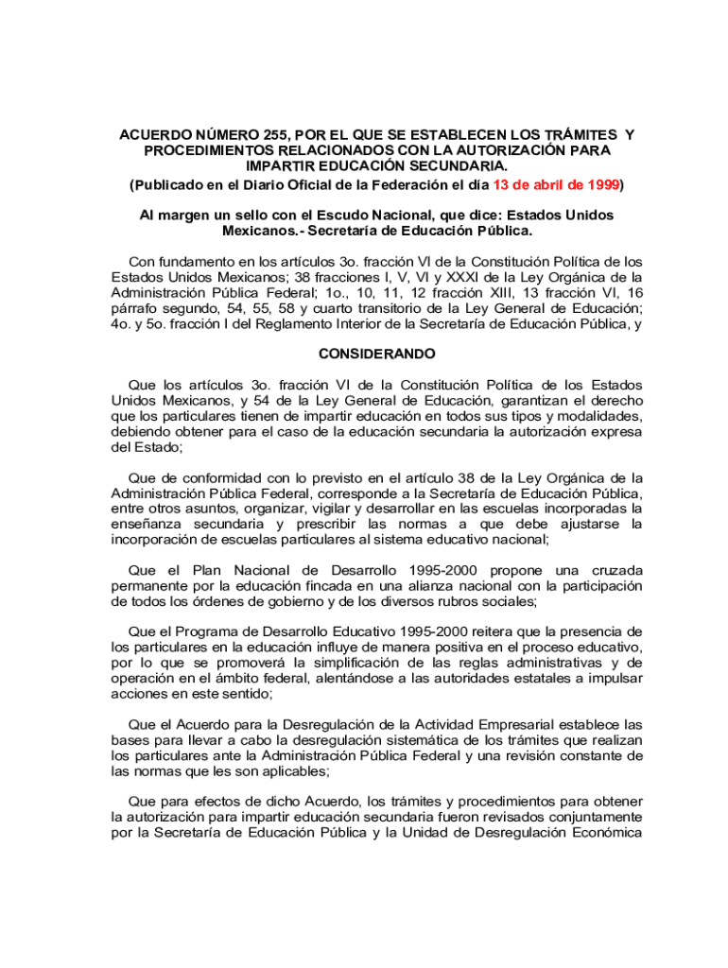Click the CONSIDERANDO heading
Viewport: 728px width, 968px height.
376,354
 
